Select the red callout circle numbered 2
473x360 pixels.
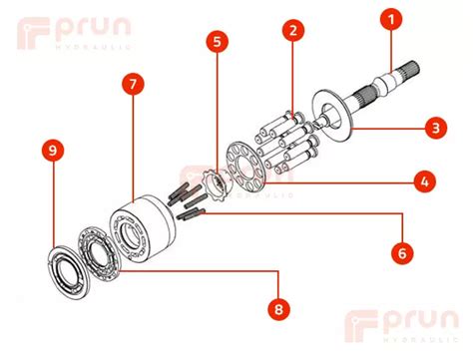pyautogui.click(x=292, y=31)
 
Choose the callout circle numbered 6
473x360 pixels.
pyautogui.click(x=400, y=253)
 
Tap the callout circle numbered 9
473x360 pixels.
pyautogui.click(x=53, y=152)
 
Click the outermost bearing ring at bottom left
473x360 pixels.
pyautogui.click(x=70, y=269)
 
